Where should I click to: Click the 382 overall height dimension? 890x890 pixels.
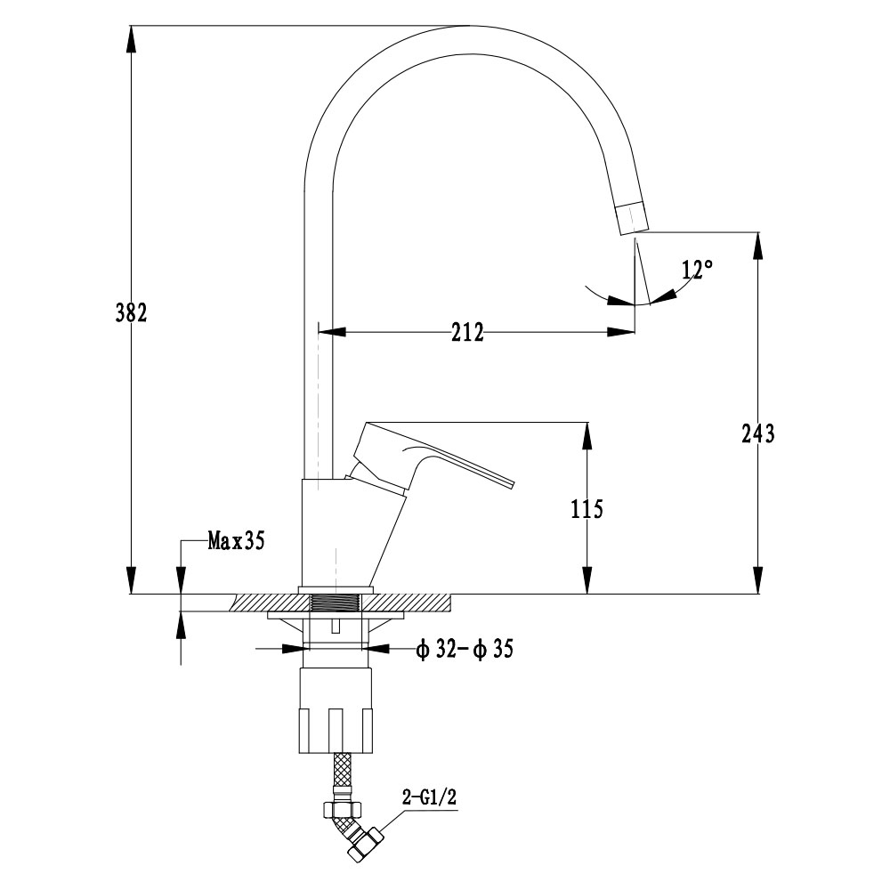pyautogui.click(x=131, y=312)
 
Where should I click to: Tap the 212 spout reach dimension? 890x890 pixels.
pyautogui.click(x=468, y=332)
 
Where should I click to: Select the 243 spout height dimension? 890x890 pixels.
pyautogui.click(x=757, y=433)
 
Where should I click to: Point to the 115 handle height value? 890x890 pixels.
pyautogui.click(x=587, y=508)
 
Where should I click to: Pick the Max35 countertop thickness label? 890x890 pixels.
pyautogui.click(x=236, y=540)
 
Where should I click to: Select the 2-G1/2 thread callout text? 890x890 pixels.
pyautogui.click(x=429, y=797)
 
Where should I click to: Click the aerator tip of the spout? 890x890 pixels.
pyautogui.click(x=631, y=219)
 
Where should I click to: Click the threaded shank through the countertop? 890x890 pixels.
pyautogui.click(x=337, y=603)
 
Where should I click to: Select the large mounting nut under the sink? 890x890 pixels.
pyautogui.click(x=336, y=710)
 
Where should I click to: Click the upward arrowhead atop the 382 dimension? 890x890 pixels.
pyautogui.click(x=131, y=41)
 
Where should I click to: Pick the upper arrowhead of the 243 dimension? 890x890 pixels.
pyautogui.click(x=758, y=247)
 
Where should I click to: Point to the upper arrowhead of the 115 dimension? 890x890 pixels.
pyautogui.click(x=587, y=437)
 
